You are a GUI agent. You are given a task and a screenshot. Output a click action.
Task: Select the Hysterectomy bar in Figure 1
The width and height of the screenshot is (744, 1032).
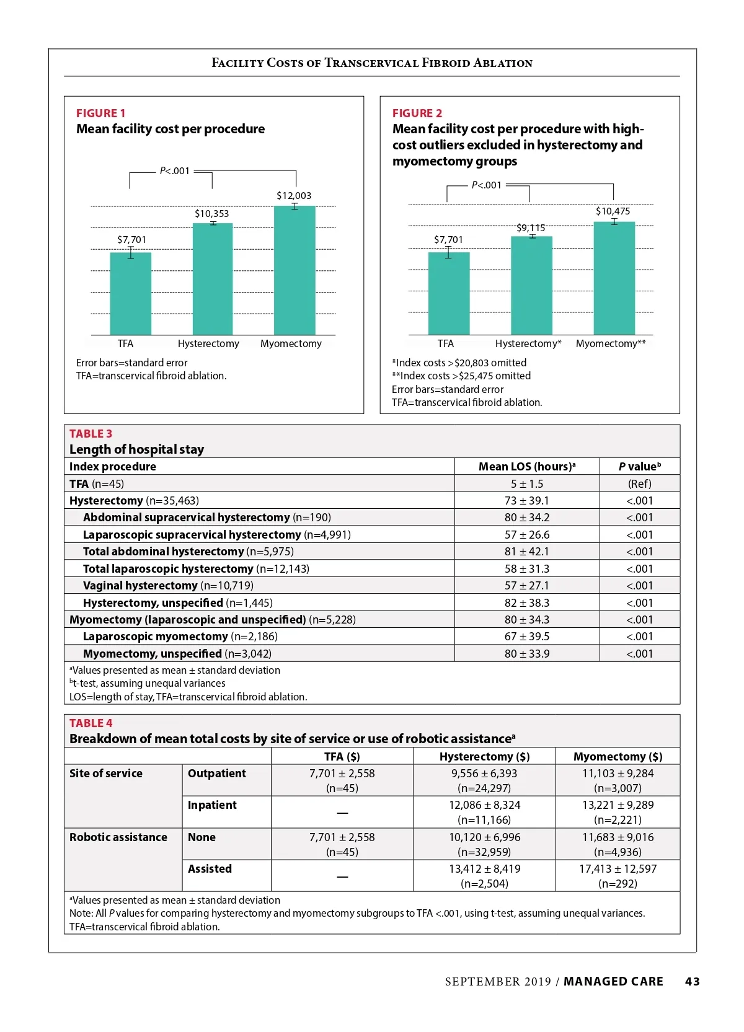click(213, 279)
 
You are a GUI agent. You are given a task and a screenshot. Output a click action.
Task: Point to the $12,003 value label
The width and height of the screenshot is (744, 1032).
click(294, 196)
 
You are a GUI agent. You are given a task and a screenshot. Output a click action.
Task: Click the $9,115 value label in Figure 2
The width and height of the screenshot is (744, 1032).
click(531, 228)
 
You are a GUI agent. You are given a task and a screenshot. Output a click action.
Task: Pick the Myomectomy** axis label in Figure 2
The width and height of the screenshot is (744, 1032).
click(611, 343)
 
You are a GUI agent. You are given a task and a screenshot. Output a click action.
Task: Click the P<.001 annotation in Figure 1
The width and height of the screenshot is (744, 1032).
click(175, 171)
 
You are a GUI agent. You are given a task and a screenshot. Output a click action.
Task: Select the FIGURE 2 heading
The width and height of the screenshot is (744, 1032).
click(417, 113)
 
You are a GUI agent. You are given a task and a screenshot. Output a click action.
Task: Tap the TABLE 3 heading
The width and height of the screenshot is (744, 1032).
click(91, 433)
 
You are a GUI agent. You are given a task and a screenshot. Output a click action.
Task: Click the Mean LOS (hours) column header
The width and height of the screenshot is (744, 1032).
click(527, 467)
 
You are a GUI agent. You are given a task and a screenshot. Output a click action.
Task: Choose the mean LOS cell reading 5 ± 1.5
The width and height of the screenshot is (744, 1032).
click(527, 483)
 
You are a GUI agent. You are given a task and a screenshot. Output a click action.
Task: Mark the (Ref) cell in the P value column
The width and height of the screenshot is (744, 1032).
click(640, 483)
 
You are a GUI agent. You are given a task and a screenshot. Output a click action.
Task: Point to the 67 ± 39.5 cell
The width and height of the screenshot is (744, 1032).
click(527, 637)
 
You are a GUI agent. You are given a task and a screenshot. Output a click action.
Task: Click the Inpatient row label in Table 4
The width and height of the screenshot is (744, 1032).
click(212, 805)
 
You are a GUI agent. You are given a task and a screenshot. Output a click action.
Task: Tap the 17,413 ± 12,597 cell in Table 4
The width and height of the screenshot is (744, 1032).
click(618, 869)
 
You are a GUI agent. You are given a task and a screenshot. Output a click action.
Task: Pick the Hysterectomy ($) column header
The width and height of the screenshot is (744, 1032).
click(484, 756)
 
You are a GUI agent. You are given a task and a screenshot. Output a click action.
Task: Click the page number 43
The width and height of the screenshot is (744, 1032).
click(692, 981)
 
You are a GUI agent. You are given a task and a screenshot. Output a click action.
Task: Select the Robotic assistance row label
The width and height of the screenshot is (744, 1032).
click(118, 837)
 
